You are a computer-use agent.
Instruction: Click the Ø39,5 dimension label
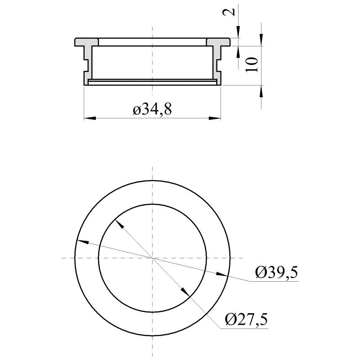(x=276, y=273)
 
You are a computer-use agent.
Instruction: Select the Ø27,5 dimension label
(x=246, y=320)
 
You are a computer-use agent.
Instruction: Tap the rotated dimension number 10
(x=252, y=65)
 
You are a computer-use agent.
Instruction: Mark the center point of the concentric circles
(x=153, y=258)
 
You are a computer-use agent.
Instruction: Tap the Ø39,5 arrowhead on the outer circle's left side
(x=81, y=242)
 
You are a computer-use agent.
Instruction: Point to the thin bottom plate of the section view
(x=153, y=81)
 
